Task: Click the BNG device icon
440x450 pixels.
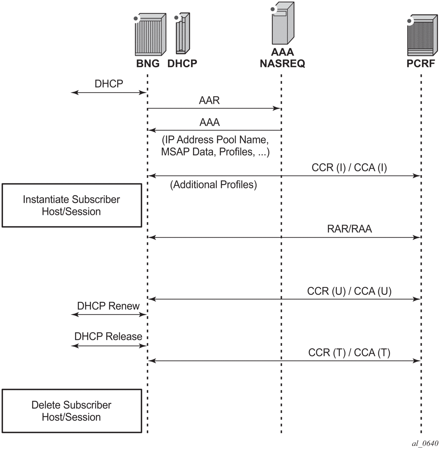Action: [x=150, y=35]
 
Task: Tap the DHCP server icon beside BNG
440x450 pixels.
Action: [x=183, y=33]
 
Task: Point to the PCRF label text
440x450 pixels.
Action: [x=421, y=64]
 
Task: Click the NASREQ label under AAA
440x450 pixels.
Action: [x=282, y=64]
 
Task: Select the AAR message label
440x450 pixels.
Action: [x=209, y=101]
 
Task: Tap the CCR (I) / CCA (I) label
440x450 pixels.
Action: [x=349, y=168]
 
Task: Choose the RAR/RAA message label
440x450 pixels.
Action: [x=349, y=229]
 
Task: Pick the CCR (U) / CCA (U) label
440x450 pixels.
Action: [x=349, y=291]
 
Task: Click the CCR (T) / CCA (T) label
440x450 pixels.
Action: [x=349, y=353]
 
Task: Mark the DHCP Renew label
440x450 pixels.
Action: [x=108, y=306]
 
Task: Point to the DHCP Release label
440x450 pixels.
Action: [x=108, y=337]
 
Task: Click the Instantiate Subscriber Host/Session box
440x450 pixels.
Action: [x=72, y=205]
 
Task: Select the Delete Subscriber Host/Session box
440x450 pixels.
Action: [x=72, y=411]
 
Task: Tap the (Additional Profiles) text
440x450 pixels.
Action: [x=213, y=185]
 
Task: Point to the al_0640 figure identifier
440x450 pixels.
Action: [x=425, y=444]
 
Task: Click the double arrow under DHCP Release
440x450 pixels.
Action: [x=109, y=346]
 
